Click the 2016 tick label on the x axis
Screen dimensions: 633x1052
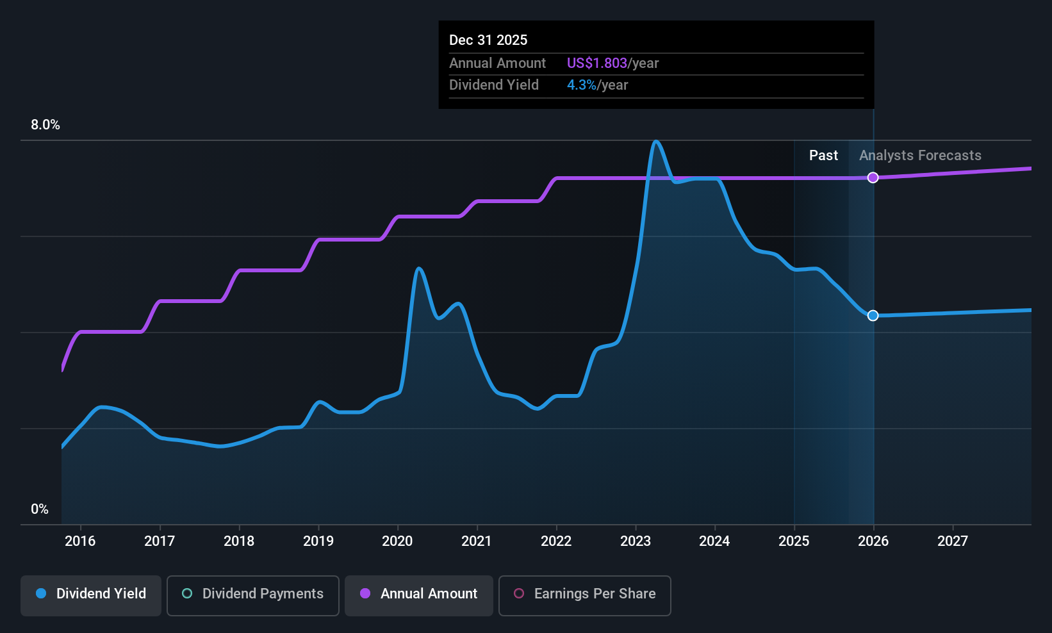point(80,541)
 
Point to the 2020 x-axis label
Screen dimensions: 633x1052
point(397,541)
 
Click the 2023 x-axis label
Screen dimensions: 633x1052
point(636,541)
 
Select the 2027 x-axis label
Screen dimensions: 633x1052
point(953,541)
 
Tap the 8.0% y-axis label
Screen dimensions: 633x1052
point(45,125)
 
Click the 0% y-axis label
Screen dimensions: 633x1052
point(40,509)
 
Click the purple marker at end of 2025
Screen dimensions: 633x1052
point(873,177)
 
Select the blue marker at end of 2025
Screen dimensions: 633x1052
point(873,315)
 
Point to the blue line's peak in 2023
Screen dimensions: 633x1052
point(655,141)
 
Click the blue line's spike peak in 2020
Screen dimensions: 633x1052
point(418,268)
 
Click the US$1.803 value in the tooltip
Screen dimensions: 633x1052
point(596,63)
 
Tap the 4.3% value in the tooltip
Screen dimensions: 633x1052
point(581,85)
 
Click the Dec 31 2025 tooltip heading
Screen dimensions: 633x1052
point(488,40)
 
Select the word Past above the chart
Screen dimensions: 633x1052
point(823,156)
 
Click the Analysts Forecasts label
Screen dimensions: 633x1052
point(920,156)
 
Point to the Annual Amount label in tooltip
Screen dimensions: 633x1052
point(497,63)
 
